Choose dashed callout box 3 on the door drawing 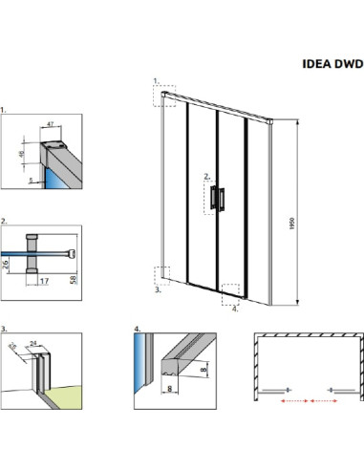[163, 275]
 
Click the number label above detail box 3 [5, 328]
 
